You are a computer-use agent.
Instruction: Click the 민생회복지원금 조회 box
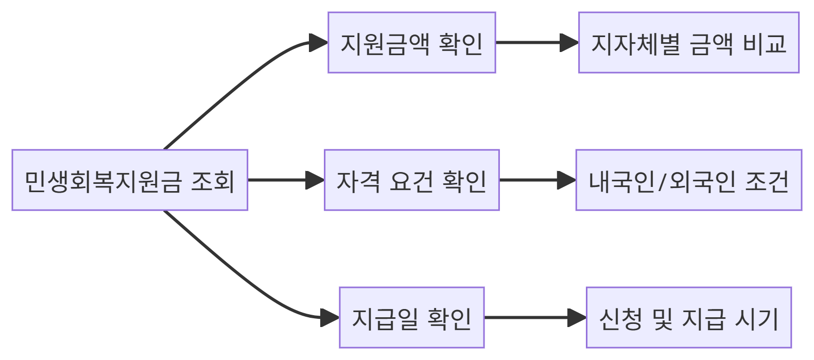[x=130, y=180]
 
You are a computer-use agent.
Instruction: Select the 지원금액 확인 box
[x=411, y=43]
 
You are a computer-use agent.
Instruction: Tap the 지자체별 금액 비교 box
[x=688, y=43]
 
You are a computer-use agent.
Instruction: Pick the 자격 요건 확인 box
[x=411, y=180]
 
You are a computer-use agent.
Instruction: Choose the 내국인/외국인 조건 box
[x=688, y=180]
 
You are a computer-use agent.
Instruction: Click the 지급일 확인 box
[x=411, y=318]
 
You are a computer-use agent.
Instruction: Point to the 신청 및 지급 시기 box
[x=688, y=318]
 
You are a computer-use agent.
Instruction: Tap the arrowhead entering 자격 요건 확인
[x=315, y=180]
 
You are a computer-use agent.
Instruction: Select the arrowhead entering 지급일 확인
[x=330, y=318]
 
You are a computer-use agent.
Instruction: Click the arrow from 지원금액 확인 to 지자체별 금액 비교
[x=535, y=43]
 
